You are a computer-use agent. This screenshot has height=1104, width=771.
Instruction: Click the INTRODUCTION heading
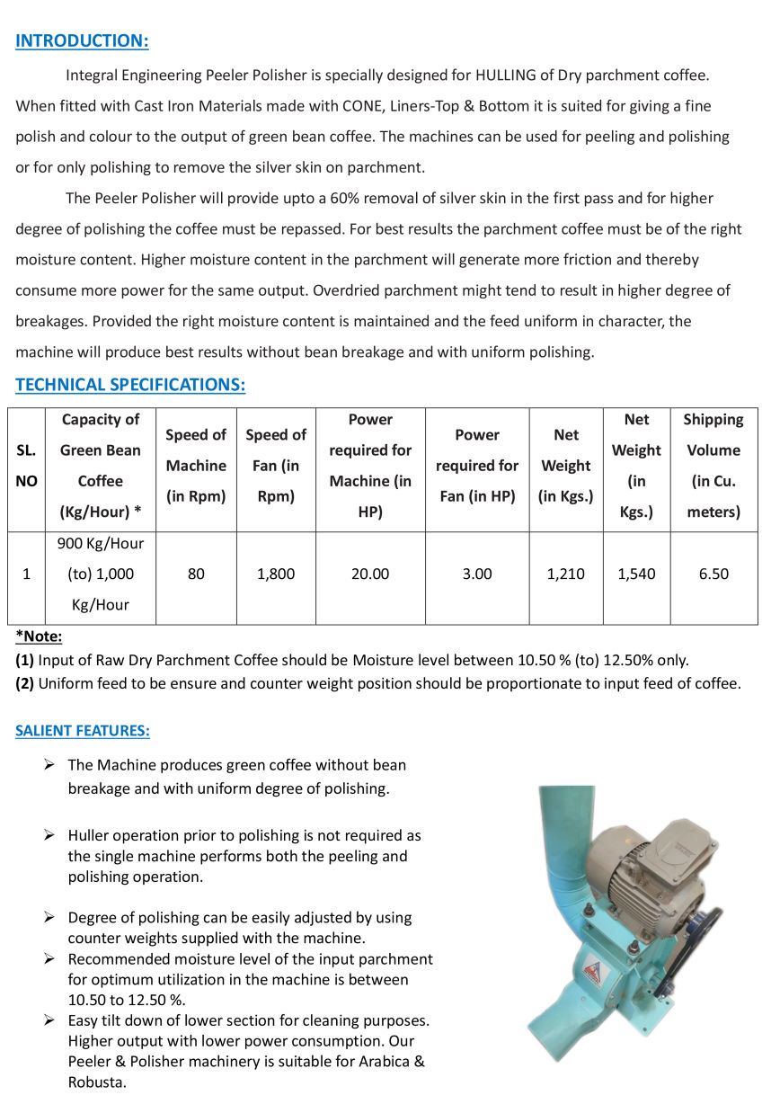tap(82, 40)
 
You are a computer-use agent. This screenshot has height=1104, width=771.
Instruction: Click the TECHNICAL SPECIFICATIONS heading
tap(130, 385)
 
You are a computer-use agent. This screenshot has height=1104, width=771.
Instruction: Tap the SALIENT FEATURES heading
tap(82, 731)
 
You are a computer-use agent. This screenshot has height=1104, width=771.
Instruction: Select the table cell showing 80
tap(196, 574)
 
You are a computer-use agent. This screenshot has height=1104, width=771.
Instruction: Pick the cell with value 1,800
tap(276, 574)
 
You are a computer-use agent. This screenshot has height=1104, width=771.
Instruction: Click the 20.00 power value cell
tap(370, 574)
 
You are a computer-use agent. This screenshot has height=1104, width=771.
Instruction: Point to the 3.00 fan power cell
tap(477, 574)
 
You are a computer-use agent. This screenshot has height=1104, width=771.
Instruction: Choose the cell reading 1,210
tap(566, 574)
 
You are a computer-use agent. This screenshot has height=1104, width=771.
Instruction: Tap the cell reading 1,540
tap(636, 574)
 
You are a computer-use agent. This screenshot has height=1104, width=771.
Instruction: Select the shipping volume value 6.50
tap(713, 574)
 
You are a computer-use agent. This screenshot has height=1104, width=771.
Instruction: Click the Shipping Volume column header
tap(713, 466)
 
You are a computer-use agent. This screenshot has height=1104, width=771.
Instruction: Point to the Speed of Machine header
tap(196, 466)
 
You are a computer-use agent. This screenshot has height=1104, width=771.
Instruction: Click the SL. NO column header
tap(27, 466)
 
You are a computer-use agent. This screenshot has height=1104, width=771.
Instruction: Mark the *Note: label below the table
tap(39, 637)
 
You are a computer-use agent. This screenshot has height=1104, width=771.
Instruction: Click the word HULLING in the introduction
tap(507, 76)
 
